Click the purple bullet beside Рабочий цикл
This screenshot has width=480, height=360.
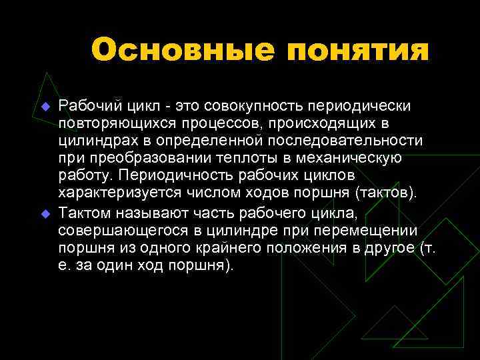click(45, 107)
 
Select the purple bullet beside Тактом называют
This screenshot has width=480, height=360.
click(45, 215)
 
